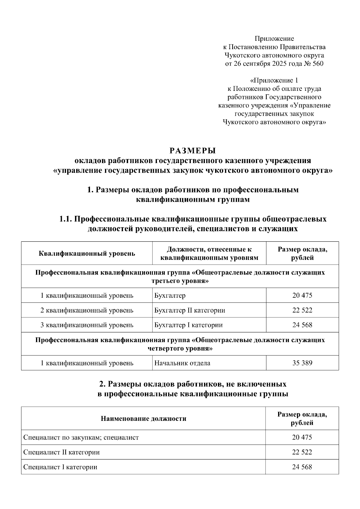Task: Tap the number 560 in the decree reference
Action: click(x=318, y=64)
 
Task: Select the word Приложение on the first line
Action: click(x=274, y=38)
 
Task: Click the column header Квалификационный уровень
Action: click(x=87, y=254)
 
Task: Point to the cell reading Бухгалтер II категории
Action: click(x=190, y=310)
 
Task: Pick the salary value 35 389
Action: click(x=302, y=363)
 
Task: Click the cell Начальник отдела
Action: click(x=182, y=363)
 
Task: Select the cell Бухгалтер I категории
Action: click(x=188, y=325)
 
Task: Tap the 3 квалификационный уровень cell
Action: click(x=87, y=325)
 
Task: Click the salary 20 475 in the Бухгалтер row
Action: click(x=302, y=296)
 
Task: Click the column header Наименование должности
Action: click(x=143, y=418)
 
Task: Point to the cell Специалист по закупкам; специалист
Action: click(x=81, y=437)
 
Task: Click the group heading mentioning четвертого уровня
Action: click(x=180, y=344)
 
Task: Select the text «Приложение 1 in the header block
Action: click(x=274, y=80)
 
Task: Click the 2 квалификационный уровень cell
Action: click(x=87, y=310)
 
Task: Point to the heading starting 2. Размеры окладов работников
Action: click(x=193, y=389)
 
